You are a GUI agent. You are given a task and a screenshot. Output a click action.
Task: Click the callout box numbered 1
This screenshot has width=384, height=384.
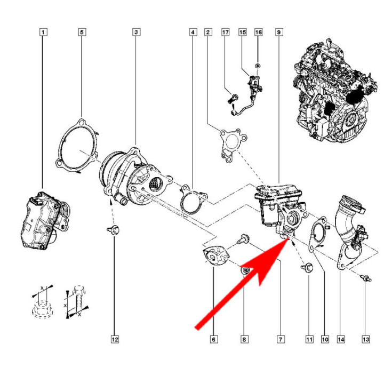(x=43, y=33)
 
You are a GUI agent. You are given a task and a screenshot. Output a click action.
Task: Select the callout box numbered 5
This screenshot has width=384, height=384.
(x=82, y=33)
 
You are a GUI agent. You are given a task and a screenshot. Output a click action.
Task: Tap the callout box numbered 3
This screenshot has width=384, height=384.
(x=137, y=33)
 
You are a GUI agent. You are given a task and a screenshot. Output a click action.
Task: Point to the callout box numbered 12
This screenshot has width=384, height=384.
(x=114, y=339)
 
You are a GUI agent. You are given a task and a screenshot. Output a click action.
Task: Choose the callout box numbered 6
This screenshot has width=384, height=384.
(x=214, y=339)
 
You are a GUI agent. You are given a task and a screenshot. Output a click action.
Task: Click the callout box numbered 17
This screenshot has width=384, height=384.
(x=226, y=33)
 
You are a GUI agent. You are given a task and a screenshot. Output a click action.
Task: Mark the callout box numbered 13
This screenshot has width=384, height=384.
(x=365, y=339)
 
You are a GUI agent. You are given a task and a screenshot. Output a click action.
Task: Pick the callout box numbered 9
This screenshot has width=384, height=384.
(x=278, y=33)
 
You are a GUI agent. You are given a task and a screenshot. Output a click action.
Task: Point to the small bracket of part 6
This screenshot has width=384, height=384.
(x=215, y=256)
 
